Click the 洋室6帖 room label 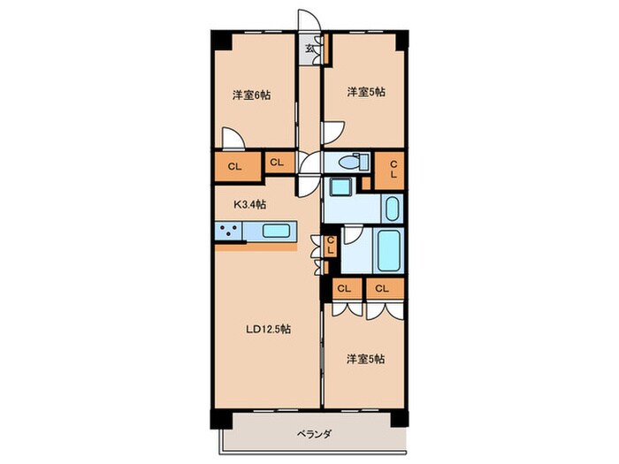[x=252, y=95]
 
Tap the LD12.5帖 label [x=269, y=330]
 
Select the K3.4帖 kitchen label [x=250, y=204]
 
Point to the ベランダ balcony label [x=313, y=434]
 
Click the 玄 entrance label [x=310, y=49]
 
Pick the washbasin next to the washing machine [x=392, y=209]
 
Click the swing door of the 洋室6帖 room [x=233, y=140]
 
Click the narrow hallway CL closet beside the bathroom [x=329, y=246]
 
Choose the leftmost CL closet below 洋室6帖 [x=234, y=165]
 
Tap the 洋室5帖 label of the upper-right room [x=365, y=91]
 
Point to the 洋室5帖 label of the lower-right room [x=365, y=358]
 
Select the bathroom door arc [x=351, y=235]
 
